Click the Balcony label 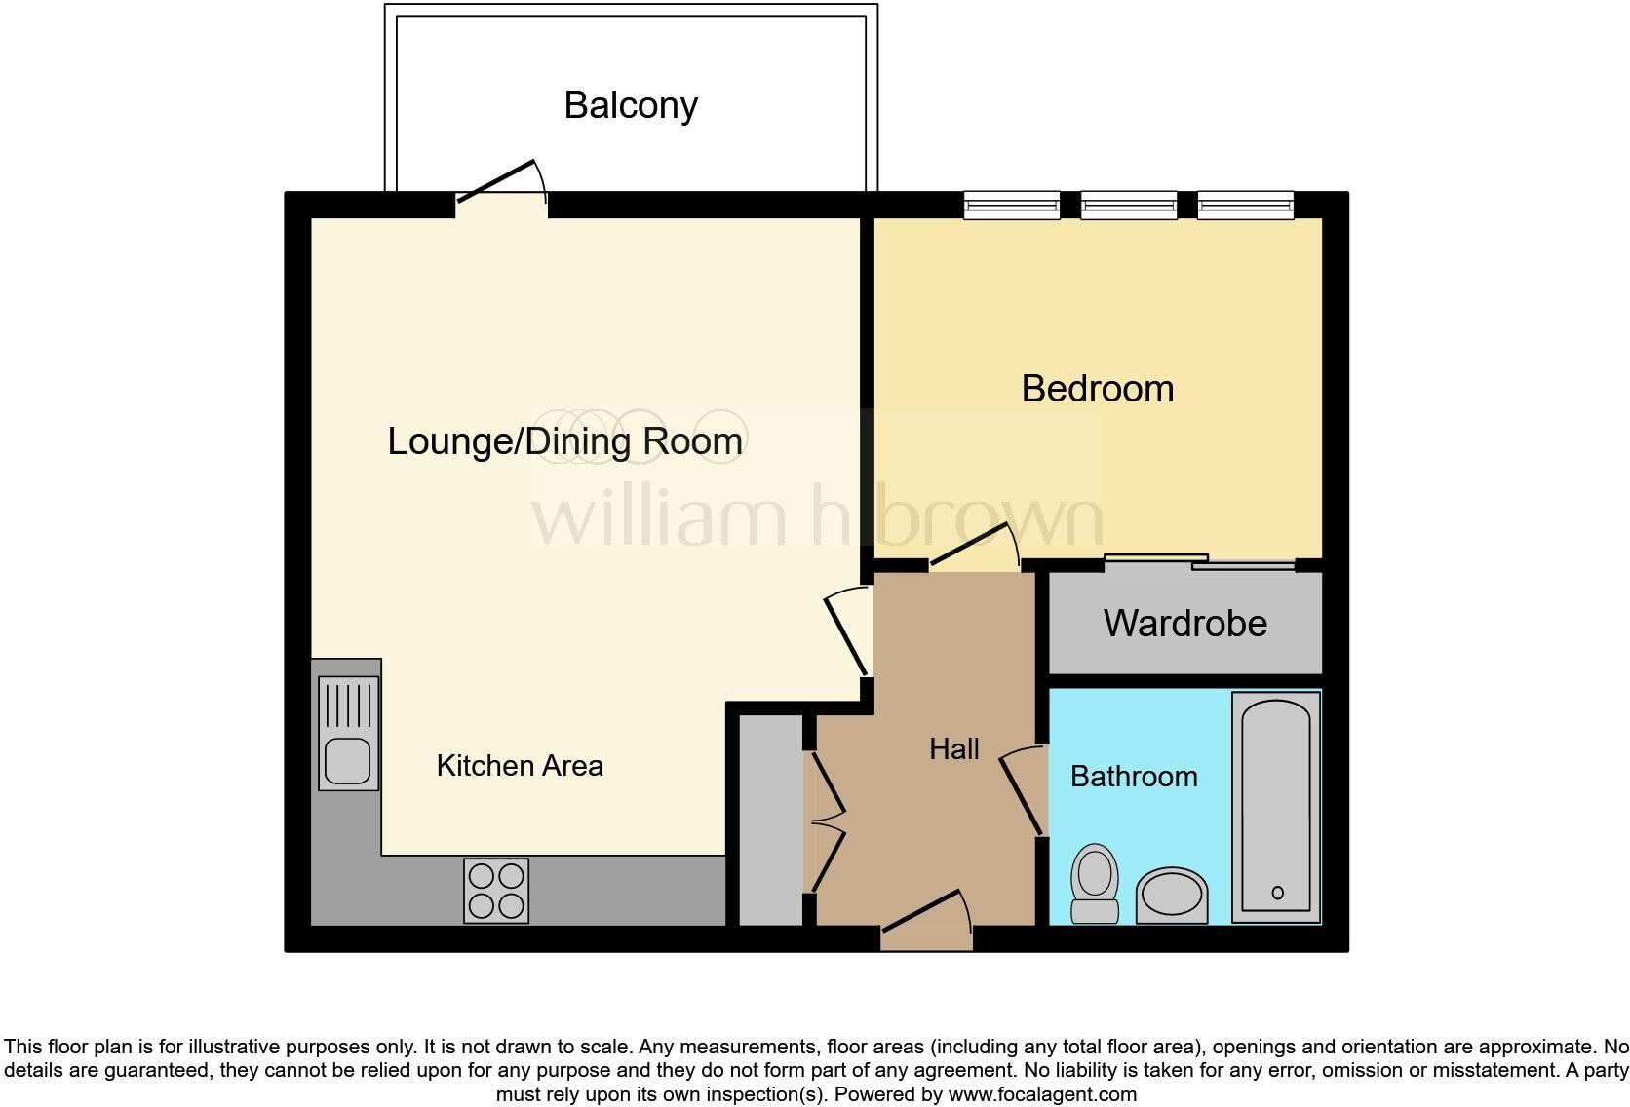coord(631,105)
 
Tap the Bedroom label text coord(1097,389)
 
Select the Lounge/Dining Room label coord(564,441)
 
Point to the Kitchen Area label coord(520,766)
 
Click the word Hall coord(953,749)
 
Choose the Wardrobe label coord(1184,624)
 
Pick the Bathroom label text coord(1134,777)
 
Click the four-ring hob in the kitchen coord(496,891)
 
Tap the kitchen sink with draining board coord(348,733)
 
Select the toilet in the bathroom coord(1095,883)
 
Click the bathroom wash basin coord(1172,895)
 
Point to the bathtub coord(1276,807)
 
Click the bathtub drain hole coord(1277,893)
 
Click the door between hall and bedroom coord(973,547)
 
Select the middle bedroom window coord(1128,205)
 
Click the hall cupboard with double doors coord(770,820)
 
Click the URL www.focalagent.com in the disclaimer coord(1042,1094)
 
